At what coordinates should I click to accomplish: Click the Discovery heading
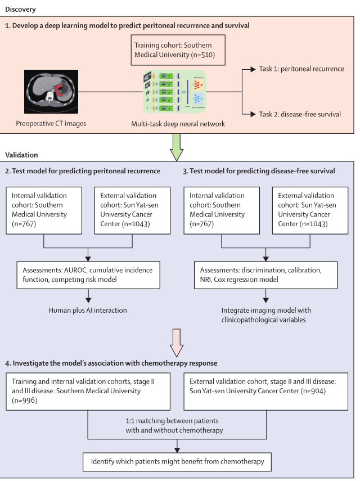coord(21,8)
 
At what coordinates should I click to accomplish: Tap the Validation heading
coord(21,154)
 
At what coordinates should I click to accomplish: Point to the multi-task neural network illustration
coord(174,92)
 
